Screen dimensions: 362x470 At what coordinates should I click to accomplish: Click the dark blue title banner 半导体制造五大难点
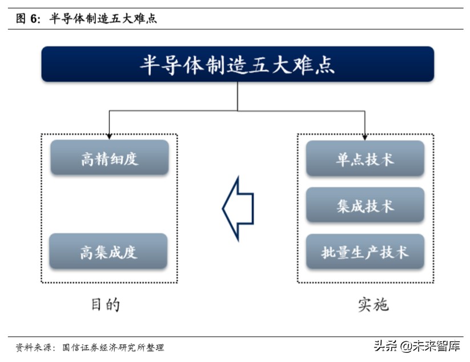238,64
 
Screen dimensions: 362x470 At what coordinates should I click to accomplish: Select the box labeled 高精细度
110,158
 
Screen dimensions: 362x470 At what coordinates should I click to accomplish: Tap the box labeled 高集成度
109,251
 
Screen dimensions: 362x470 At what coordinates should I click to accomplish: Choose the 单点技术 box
365,158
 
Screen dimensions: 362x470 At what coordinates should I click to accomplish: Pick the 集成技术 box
365,205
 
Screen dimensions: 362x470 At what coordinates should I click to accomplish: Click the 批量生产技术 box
365,252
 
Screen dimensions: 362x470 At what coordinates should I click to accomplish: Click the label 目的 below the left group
106,304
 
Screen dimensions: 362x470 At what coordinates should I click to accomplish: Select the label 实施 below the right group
373,304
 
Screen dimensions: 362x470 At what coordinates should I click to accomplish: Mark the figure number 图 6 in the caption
28,19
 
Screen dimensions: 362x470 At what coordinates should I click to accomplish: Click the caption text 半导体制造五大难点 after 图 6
103,19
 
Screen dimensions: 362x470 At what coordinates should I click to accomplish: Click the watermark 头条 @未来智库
416,346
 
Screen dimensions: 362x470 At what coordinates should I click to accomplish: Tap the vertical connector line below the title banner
238,96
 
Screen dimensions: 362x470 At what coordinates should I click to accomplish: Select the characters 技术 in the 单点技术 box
380,158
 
